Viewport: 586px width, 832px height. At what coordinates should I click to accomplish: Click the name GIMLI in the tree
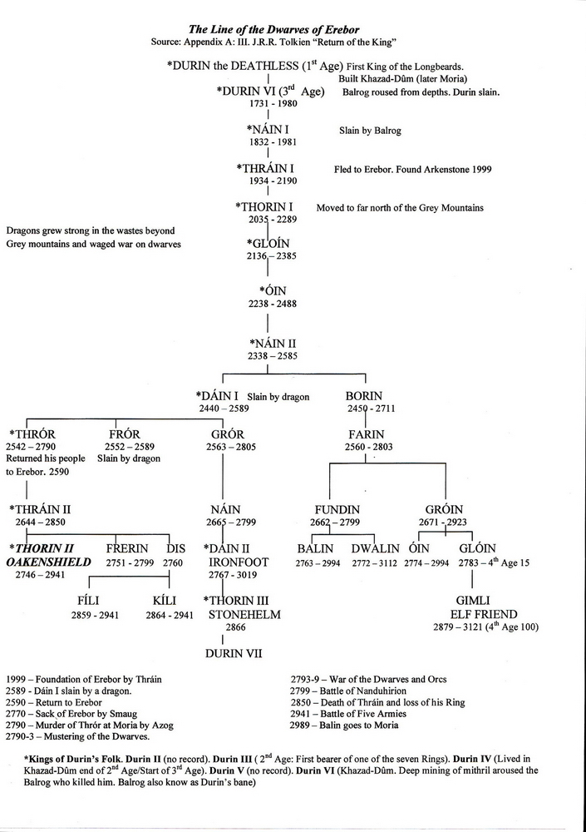472,601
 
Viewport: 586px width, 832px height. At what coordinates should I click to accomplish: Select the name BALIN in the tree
315,549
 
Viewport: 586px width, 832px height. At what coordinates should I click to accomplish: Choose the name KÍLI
165,601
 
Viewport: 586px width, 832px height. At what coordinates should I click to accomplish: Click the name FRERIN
127,549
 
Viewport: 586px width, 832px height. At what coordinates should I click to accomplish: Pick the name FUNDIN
336,509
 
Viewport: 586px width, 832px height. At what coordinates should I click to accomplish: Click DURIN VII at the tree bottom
234,654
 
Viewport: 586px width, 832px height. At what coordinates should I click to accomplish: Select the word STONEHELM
244,615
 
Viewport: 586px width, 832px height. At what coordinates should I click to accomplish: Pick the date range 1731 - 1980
267,105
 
